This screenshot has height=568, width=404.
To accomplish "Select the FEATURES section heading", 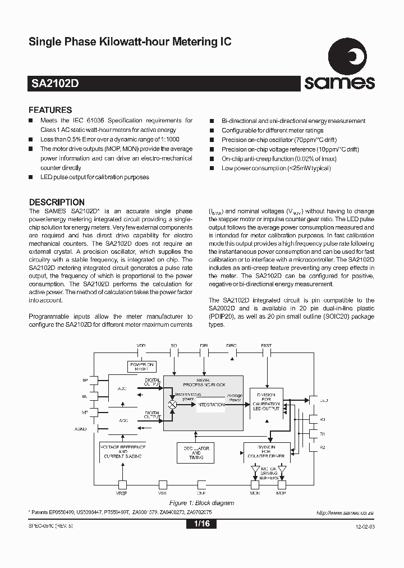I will click(50, 110).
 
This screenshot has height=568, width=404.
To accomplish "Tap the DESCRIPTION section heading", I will click(56, 202).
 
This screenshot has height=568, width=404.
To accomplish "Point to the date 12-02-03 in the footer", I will click(364, 526).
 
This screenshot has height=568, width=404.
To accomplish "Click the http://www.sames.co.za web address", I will click(345, 513).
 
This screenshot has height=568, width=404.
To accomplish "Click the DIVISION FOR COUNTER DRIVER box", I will click(267, 451).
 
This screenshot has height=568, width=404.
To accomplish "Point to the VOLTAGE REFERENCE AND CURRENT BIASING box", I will click(122, 452).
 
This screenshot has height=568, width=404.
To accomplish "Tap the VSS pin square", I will click(163, 484).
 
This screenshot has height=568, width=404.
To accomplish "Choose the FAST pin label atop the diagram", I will click(267, 346).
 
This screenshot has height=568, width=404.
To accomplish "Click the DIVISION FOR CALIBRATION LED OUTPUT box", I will click(267, 400).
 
